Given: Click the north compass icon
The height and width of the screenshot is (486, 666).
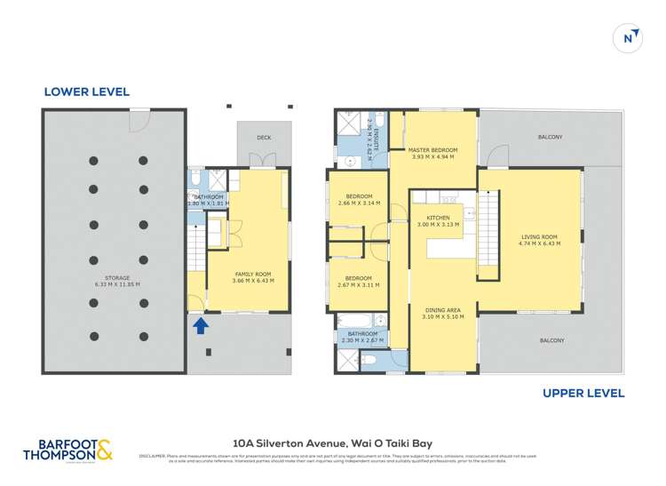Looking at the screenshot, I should click(628, 37).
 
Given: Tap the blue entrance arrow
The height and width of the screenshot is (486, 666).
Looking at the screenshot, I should click(202, 326).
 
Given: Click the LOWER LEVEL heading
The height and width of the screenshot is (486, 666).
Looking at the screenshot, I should click(87, 92).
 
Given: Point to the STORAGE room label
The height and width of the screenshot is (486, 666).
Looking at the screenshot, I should click(117, 278).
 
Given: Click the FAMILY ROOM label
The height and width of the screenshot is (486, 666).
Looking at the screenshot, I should click(252, 274).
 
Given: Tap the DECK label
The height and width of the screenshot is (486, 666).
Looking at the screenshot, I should click(263, 138).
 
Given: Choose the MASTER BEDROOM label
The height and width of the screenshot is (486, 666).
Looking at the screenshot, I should click(432, 150).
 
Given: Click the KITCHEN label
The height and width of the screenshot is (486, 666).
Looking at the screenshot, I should click(438, 217).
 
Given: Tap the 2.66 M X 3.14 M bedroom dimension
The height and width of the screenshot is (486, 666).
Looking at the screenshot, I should click(359, 203).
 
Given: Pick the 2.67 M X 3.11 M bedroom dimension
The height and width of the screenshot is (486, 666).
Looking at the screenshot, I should click(359, 285).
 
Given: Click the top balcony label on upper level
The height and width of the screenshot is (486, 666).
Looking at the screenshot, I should click(550, 137).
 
